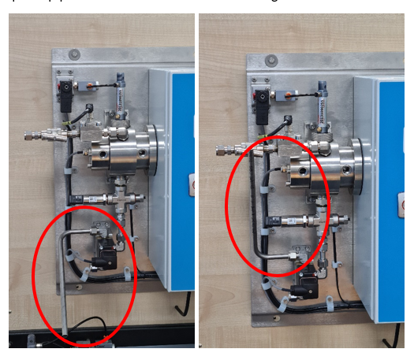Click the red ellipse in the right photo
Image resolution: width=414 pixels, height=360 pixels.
[229, 197]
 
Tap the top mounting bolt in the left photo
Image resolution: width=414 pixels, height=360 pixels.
[74, 54]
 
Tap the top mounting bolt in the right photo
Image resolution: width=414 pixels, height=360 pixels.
[270, 60]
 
